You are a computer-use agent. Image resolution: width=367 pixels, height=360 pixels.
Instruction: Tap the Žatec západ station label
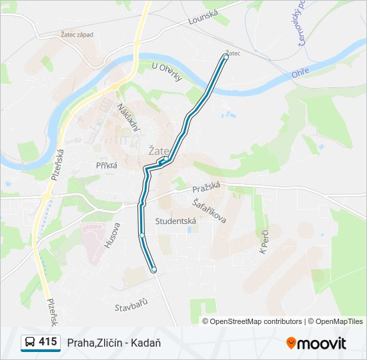[77, 34]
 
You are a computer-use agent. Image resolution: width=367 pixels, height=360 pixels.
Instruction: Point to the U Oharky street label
[167, 71]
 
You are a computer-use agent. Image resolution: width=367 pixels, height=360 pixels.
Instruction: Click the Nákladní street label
[129, 117]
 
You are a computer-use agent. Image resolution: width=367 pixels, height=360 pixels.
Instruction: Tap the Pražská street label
[206, 189]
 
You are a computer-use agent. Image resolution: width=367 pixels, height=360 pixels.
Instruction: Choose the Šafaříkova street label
[208, 210]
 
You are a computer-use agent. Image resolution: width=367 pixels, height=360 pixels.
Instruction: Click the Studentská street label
[175, 221]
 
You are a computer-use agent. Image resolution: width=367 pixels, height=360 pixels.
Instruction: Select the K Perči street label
[263, 242]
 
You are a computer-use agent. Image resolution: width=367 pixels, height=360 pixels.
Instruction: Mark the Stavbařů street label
[130, 305]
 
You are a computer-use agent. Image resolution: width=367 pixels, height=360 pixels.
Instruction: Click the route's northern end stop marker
[226, 57]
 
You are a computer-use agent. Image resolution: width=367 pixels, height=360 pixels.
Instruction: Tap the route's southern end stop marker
[153, 270]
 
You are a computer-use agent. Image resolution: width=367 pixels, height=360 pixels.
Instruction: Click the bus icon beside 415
[30, 343]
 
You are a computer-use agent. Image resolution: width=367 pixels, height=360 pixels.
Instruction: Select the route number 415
[47, 342]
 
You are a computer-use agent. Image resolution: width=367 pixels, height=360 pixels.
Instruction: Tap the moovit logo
[316, 343]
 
